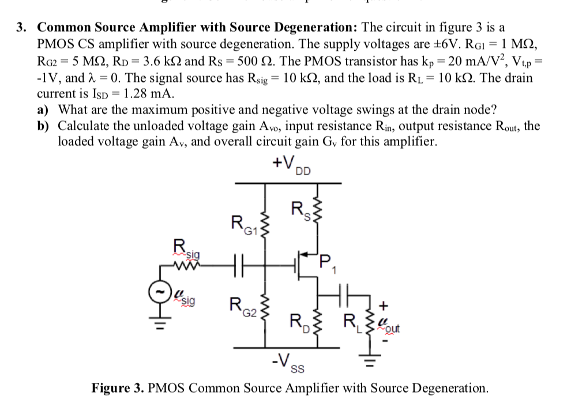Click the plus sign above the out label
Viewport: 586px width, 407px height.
pos(384,305)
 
